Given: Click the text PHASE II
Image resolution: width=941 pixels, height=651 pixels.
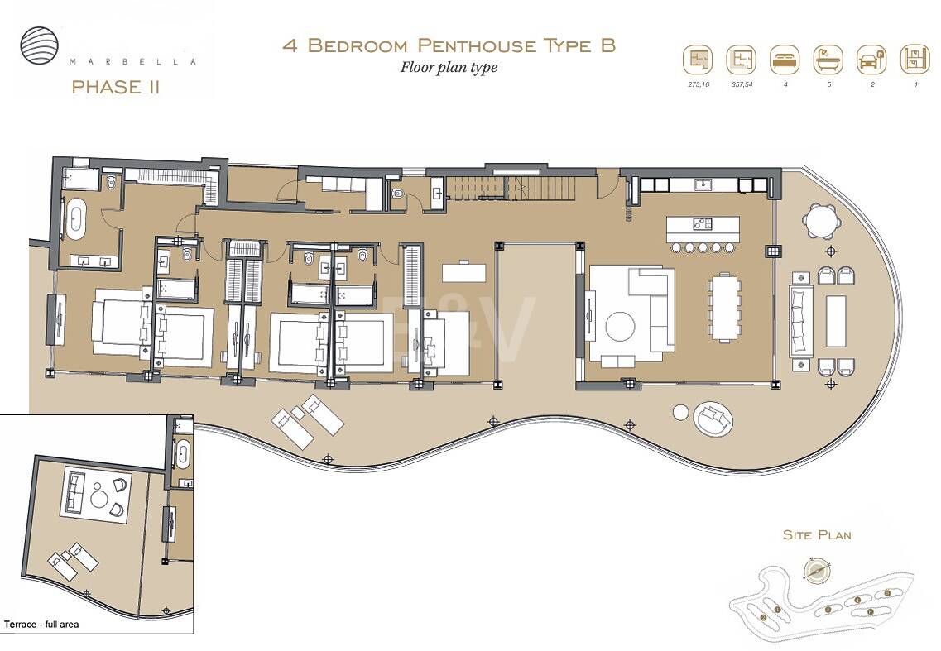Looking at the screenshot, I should [x=116, y=87].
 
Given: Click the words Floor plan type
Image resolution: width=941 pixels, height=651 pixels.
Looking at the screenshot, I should [x=449, y=67].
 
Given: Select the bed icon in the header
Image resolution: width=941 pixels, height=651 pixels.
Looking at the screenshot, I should [x=784, y=60].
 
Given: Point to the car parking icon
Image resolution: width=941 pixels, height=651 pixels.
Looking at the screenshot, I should [x=871, y=60].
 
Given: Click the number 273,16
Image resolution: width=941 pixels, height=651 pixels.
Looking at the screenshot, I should [x=698, y=85].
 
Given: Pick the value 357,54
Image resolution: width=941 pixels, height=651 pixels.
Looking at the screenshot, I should [x=741, y=85].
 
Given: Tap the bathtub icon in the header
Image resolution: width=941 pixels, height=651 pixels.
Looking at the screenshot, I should [x=828, y=60].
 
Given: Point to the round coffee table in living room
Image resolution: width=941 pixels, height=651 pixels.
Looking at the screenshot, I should [x=621, y=327].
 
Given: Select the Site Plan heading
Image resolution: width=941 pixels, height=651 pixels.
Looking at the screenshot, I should [x=817, y=535].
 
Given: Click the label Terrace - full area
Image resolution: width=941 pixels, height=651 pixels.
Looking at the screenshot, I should [x=41, y=625].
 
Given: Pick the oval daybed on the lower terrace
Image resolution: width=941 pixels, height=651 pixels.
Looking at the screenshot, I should [x=713, y=419].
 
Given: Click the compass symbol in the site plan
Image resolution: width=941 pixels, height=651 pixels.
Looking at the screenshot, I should [x=817, y=570].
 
